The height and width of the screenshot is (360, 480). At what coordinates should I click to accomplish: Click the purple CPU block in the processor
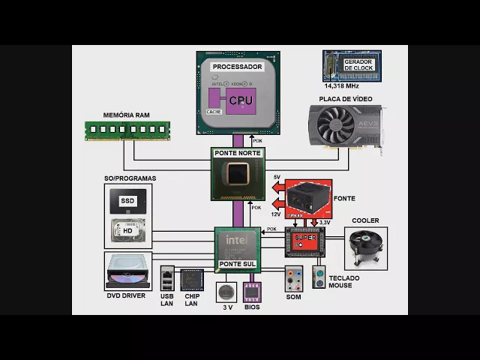point(241,100)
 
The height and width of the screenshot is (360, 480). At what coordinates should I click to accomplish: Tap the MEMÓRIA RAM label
point(127,115)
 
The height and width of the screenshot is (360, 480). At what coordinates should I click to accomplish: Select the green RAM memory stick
point(127,130)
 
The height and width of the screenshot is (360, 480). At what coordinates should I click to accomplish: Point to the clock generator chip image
point(352,65)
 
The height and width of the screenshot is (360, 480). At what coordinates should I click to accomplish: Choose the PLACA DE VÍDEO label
point(346,98)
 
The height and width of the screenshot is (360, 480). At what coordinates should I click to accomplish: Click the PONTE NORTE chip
point(238,174)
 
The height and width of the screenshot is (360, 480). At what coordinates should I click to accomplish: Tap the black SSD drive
point(128,201)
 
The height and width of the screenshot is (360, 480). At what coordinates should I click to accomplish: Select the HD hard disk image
point(128,230)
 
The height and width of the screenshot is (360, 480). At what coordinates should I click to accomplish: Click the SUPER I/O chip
point(304,241)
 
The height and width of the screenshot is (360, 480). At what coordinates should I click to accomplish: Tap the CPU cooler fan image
point(365,247)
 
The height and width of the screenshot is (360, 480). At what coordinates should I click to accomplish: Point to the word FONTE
point(344,199)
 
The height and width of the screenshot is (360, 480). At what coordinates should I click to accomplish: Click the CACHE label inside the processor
point(213,112)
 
